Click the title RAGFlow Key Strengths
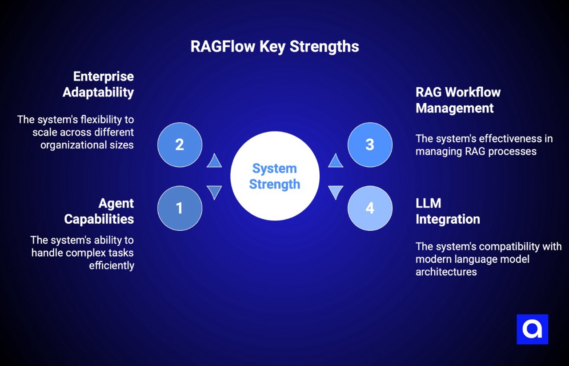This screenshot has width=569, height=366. (x=275, y=47)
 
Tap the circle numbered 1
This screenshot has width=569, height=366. (x=180, y=208)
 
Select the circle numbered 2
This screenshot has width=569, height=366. (x=180, y=145)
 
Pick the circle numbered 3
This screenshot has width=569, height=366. (x=370, y=145)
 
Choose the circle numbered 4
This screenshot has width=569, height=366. (x=370, y=208)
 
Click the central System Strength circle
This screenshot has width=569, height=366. (x=275, y=176)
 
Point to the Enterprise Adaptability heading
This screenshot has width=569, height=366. (x=98, y=84)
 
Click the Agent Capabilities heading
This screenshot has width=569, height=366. (x=99, y=211)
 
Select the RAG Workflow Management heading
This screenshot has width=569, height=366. (x=458, y=100)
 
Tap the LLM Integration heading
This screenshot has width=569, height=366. (x=448, y=211)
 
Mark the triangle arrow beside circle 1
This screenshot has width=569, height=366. (x=214, y=192)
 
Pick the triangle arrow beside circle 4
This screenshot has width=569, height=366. (x=336, y=192)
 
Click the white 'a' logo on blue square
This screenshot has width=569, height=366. (x=532, y=329)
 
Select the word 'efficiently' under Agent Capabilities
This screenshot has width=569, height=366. (x=112, y=265)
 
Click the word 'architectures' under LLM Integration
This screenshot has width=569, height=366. (x=446, y=272)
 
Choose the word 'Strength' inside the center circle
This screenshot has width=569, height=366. (x=275, y=184)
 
